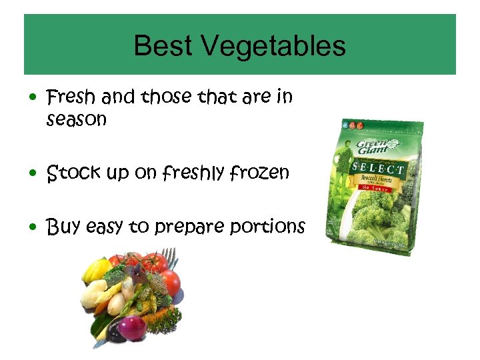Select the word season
[x=77, y=120]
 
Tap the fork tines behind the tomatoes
[x=171, y=257]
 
